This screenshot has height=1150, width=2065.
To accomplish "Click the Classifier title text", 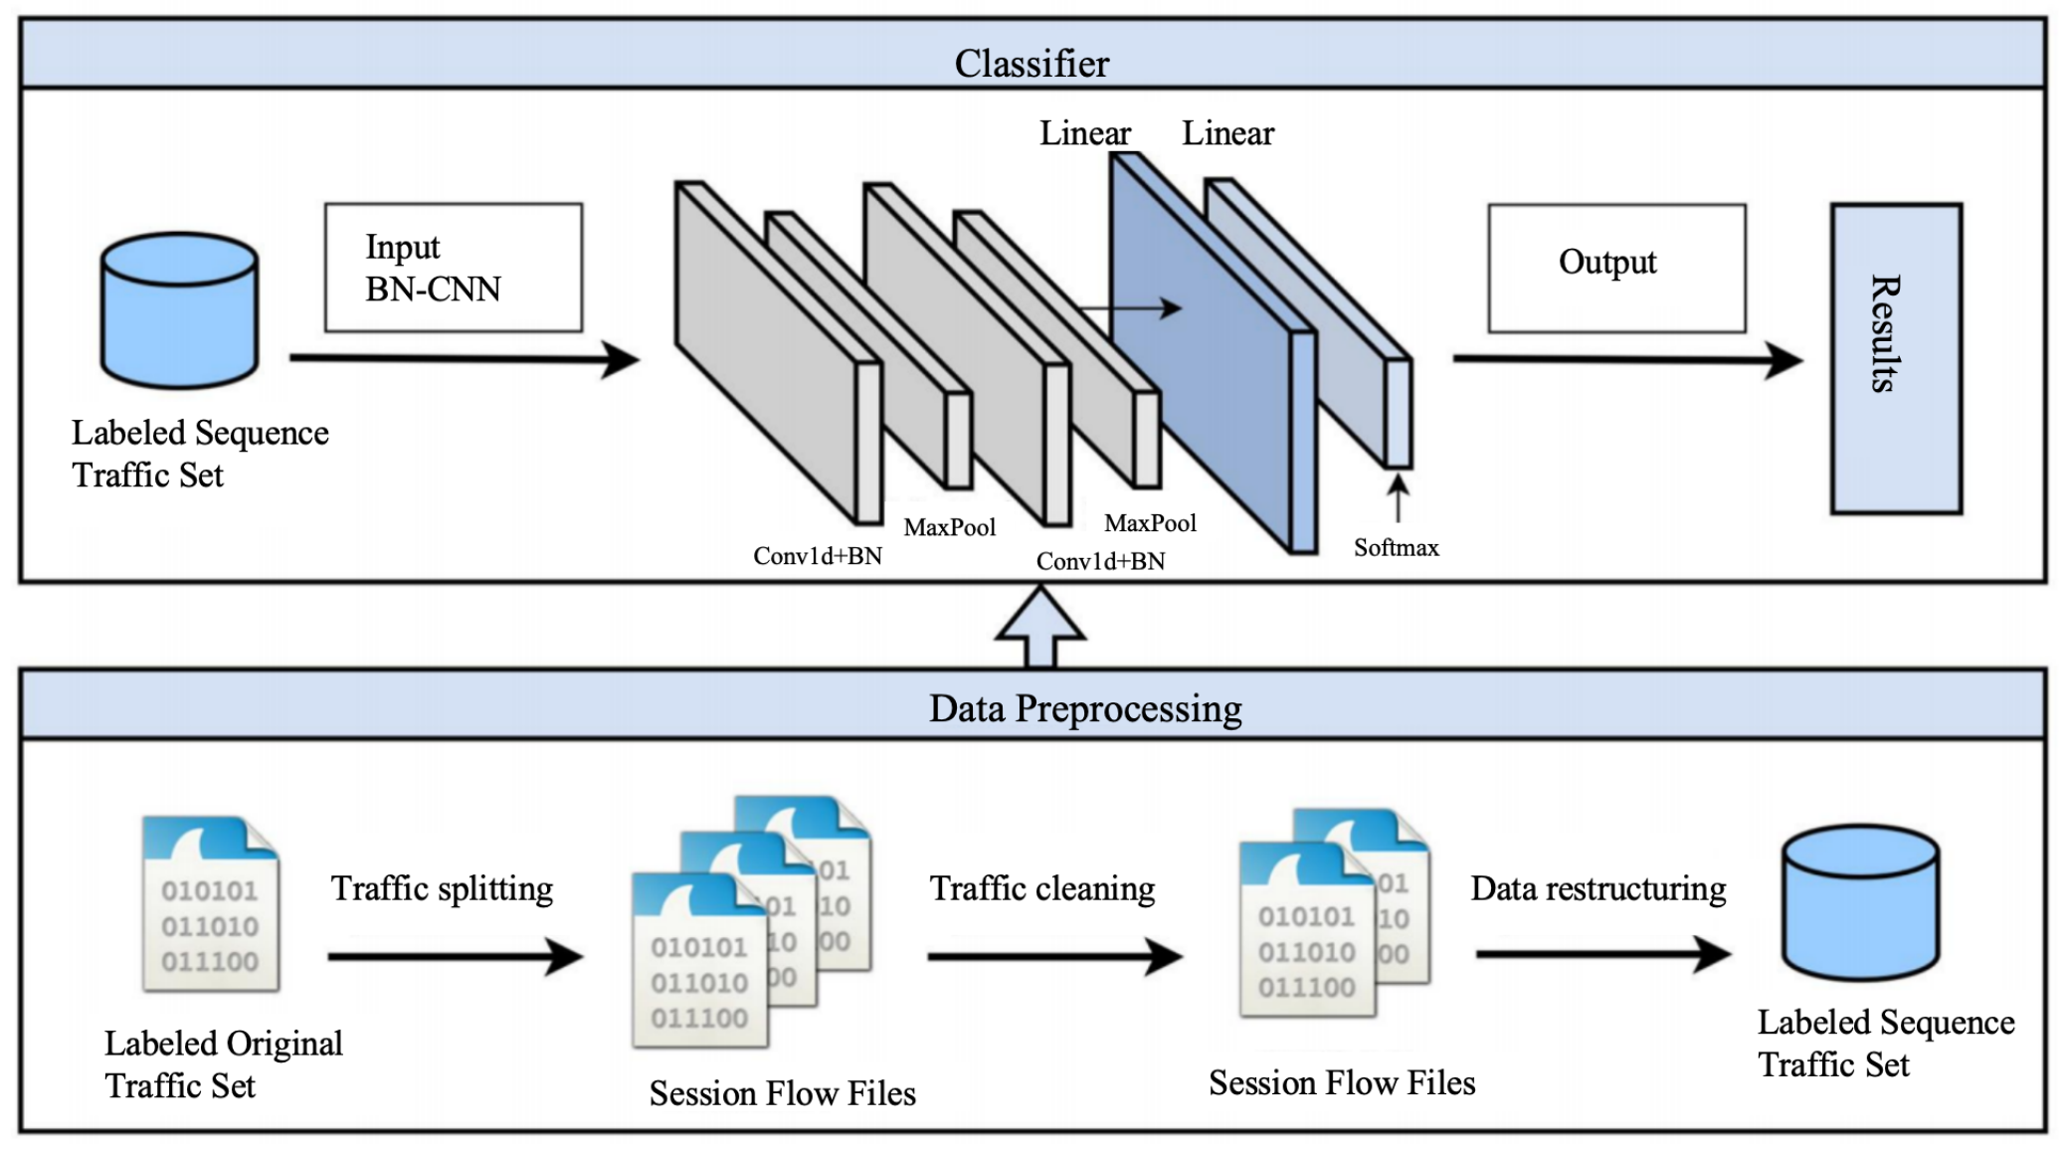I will coord(1032,64).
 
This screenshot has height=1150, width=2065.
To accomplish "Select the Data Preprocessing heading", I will coord(1084,708).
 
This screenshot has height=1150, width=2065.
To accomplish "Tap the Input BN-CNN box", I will coord(454,268).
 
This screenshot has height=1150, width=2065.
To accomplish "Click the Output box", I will coord(1616,268).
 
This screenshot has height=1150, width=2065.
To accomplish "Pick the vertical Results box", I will coord(1896,358).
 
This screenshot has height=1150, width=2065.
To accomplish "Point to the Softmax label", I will coord(1396,548).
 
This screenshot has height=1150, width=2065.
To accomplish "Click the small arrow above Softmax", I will coord(1398,497).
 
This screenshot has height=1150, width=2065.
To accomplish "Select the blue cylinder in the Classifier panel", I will coord(180,309).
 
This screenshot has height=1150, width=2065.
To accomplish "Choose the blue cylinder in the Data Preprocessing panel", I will coord(1860,901).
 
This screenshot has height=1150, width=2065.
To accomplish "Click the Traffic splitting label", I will coord(442,888).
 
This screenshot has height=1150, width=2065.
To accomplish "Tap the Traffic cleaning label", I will coord(1042,888).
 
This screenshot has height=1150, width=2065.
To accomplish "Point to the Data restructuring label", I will coord(1598,888).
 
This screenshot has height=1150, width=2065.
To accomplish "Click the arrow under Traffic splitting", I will coord(455,957).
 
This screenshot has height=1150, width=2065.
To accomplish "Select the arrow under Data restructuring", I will coord(1602,954).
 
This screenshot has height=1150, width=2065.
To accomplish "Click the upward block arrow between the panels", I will coord(1040,627).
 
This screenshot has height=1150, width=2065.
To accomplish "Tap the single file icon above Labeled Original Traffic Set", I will coord(210,903).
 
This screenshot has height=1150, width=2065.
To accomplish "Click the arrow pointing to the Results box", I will coord(1627,359).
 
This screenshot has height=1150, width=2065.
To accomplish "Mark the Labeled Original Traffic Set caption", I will coord(223,1064).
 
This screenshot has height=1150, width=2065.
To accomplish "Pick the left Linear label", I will coord(1084,133).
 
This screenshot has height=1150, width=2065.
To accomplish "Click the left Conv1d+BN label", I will coord(818,556).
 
